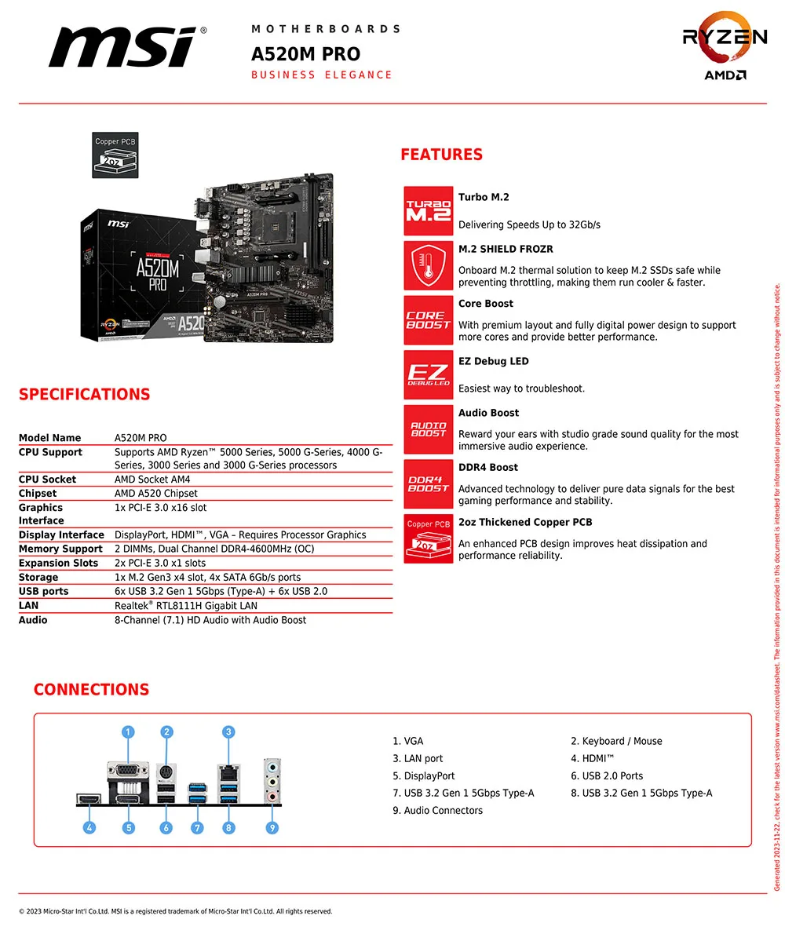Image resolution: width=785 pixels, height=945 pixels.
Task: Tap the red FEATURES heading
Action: coord(441,155)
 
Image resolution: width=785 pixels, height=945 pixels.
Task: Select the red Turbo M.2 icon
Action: coord(428,211)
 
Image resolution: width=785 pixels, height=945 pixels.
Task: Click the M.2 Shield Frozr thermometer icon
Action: coord(428,266)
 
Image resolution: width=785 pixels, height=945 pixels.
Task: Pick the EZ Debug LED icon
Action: coord(428,375)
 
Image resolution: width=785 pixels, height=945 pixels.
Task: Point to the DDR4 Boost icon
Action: coord(428,484)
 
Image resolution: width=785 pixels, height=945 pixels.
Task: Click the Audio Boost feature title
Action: coord(488,413)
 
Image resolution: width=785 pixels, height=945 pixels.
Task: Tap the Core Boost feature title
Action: coord(486,304)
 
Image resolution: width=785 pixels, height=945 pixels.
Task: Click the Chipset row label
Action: coord(38,494)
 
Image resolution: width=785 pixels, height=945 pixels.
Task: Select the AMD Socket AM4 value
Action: coord(152,480)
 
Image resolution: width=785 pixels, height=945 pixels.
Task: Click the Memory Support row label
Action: coord(60,549)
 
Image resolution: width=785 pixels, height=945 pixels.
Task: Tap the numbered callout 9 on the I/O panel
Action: coord(272,827)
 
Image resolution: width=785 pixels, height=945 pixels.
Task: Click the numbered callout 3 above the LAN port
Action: coord(228,732)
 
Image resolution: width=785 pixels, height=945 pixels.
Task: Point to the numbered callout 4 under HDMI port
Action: coord(90,827)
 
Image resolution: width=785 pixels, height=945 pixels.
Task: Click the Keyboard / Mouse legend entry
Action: coord(616,741)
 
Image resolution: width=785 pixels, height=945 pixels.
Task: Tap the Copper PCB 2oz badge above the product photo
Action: coord(115,155)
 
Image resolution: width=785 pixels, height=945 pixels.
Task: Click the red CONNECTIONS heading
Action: coord(91,690)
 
